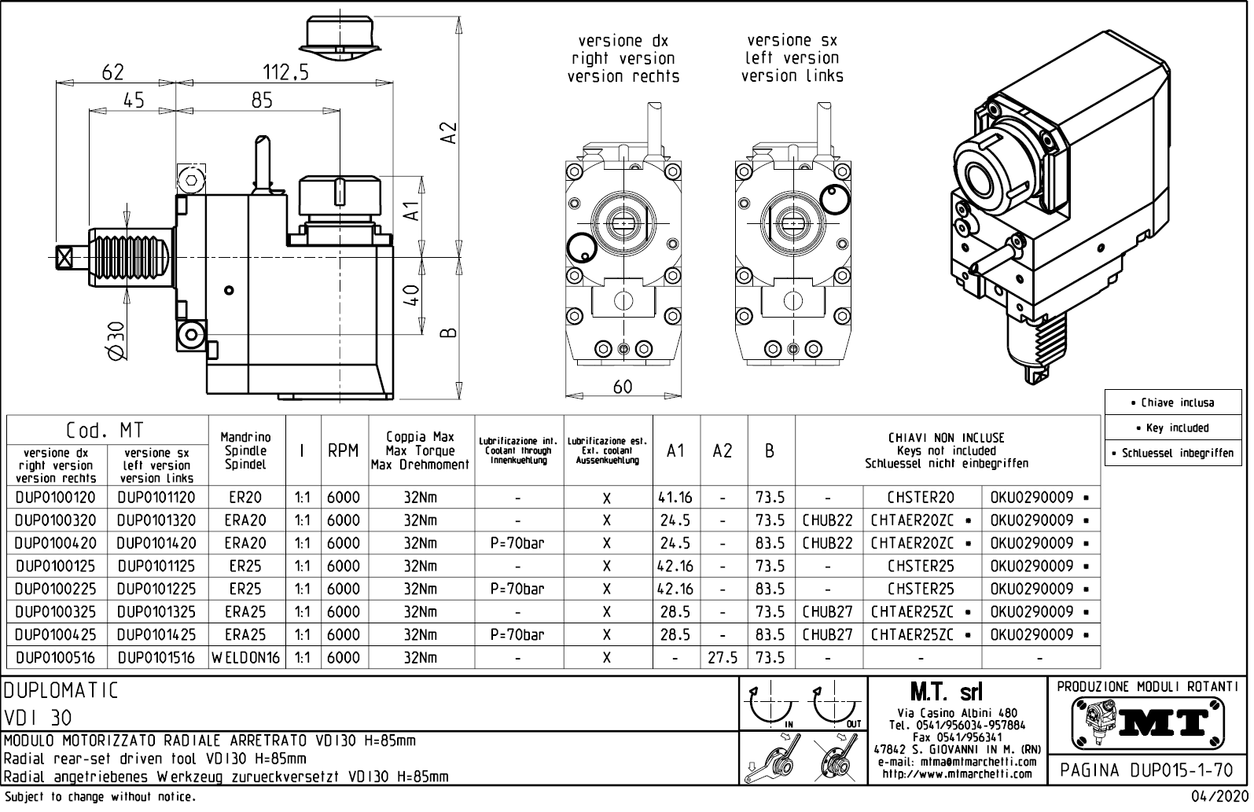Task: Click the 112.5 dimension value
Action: click(x=285, y=72)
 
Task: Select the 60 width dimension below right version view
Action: click(x=623, y=387)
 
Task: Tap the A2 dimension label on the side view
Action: click(x=448, y=132)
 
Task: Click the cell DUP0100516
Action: click(x=55, y=658)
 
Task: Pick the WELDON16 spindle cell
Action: click(x=246, y=658)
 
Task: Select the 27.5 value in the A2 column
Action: click(x=723, y=658)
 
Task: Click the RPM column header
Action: click(x=343, y=451)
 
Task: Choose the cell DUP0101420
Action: click(x=156, y=543)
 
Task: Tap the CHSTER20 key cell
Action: click(x=921, y=498)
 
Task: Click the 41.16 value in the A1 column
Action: click(x=675, y=498)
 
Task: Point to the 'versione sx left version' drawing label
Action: click(x=792, y=57)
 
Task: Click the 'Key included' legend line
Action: click(x=1177, y=428)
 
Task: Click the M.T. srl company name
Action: click(x=946, y=693)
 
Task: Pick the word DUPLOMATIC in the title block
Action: click(x=61, y=691)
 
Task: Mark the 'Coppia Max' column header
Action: click(x=420, y=437)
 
